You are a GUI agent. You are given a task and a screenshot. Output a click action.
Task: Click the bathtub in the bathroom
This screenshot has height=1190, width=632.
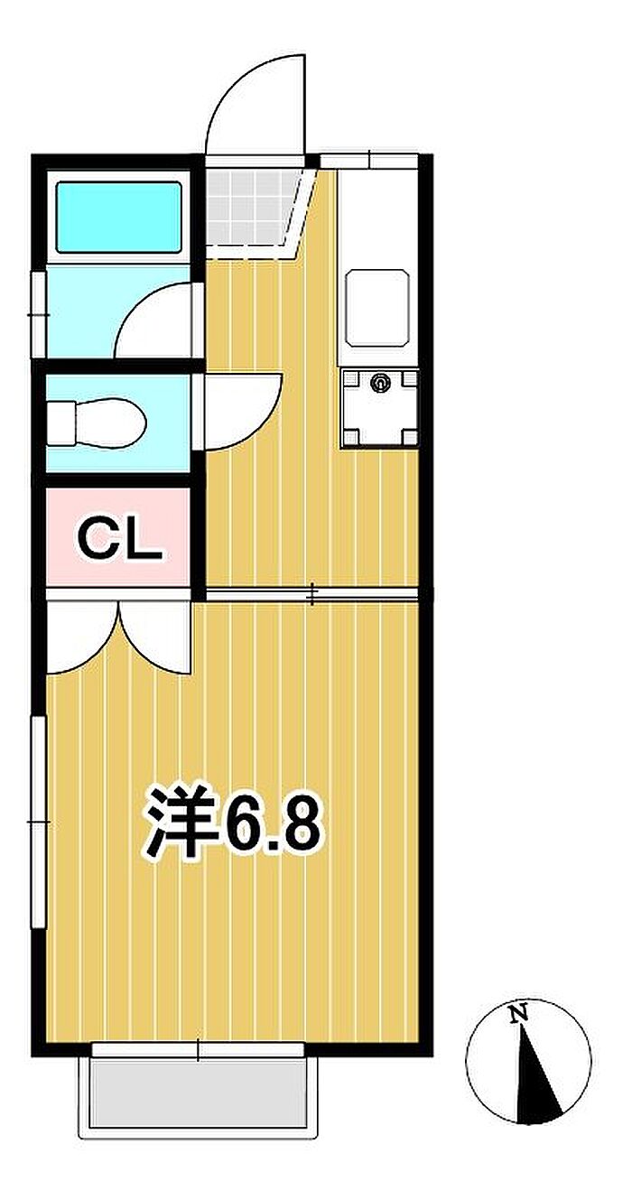point(118,217)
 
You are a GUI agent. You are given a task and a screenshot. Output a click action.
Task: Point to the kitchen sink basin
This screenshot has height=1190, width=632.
point(377,308)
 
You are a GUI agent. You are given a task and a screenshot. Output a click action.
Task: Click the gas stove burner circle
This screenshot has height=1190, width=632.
point(380,381)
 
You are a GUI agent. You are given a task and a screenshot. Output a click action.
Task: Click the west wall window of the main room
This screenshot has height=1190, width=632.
point(38,822)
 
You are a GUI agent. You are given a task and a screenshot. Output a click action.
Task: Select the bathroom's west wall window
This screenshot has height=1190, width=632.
point(38,314)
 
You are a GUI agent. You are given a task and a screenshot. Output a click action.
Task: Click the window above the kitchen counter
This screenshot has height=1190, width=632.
point(369,160)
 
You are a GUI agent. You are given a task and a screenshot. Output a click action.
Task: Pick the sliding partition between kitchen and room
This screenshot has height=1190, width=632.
point(311,594)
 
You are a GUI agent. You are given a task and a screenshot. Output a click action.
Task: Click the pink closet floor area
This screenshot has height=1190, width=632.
point(118,536)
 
